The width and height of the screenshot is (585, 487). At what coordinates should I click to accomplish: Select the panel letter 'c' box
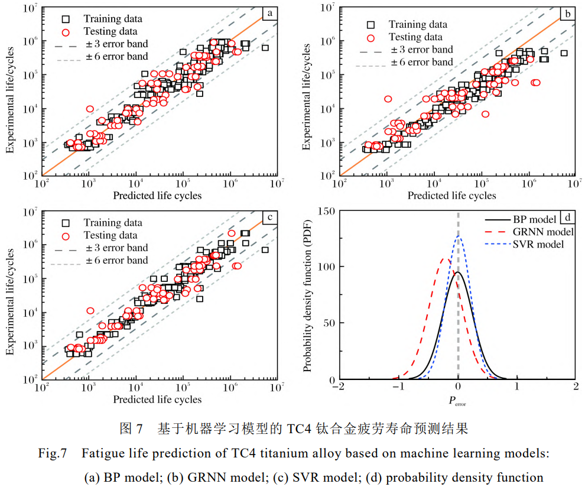click(270, 217)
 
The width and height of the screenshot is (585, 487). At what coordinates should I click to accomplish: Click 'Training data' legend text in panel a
click(113, 19)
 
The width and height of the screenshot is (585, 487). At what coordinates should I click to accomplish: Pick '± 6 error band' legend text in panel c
click(116, 260)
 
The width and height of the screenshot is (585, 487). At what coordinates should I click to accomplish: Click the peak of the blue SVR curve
click(459, 236)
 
